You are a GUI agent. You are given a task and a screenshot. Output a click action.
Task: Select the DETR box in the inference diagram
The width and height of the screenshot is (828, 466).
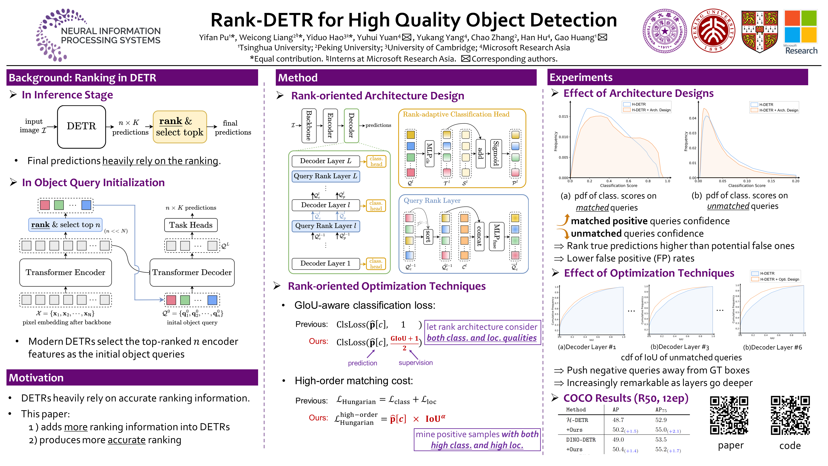pyautogui.click(x=81, y=126)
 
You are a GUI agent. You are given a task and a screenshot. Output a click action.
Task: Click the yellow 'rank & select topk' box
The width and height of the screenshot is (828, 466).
pyautogui.click(x=180, y=127)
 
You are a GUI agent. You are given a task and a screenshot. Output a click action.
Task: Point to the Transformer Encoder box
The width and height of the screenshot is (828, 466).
pyautogui.click(x=66, y=272)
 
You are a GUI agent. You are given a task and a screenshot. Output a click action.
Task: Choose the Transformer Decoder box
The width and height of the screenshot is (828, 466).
pyautogui.click(x=192, y=272)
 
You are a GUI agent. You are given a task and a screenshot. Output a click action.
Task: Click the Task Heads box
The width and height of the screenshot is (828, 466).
pyautogui.click(x=191, y=225)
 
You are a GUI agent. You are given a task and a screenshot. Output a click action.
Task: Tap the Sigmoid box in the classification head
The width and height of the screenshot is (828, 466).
pyautogui.click(x=496, y=153)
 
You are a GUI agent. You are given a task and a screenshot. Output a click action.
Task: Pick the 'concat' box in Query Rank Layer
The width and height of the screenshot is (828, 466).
pyautogui.click(x=479, y=236)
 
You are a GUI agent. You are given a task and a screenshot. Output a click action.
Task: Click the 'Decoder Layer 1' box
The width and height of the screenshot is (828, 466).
pyautogui.click(x=325, y=263)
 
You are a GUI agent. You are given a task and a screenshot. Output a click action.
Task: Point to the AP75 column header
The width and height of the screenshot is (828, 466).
pyautogui.click(x=661, y=410)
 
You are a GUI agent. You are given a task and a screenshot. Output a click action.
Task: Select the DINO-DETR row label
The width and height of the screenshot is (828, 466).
pyautogui.click(x=581, y=440)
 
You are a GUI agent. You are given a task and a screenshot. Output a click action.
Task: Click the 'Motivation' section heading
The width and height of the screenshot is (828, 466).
pyautogui.click(x=36, y=378)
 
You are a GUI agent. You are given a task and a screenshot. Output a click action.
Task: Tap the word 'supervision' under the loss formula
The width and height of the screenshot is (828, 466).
pyautogui.click(x=415, y=363)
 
